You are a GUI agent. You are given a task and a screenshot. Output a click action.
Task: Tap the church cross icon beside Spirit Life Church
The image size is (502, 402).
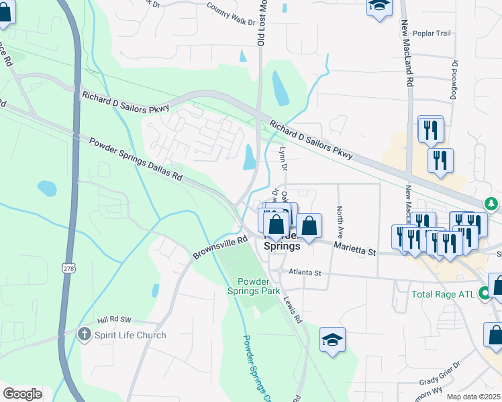[x=84, y=334]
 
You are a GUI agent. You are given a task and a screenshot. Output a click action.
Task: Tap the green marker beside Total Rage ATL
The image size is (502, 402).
[x=483, y=293]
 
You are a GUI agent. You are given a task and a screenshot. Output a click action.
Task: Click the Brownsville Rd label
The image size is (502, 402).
[x=219, y=247]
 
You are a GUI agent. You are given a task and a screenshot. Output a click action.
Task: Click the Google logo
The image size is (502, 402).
[x=23, y=394]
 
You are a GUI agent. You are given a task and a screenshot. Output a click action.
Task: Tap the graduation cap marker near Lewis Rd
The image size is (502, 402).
[x=332, y=339]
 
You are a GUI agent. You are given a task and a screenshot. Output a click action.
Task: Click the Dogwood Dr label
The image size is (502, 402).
[x=454, y=79]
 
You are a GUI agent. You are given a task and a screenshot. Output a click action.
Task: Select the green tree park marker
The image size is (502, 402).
[x=492, y=204]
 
